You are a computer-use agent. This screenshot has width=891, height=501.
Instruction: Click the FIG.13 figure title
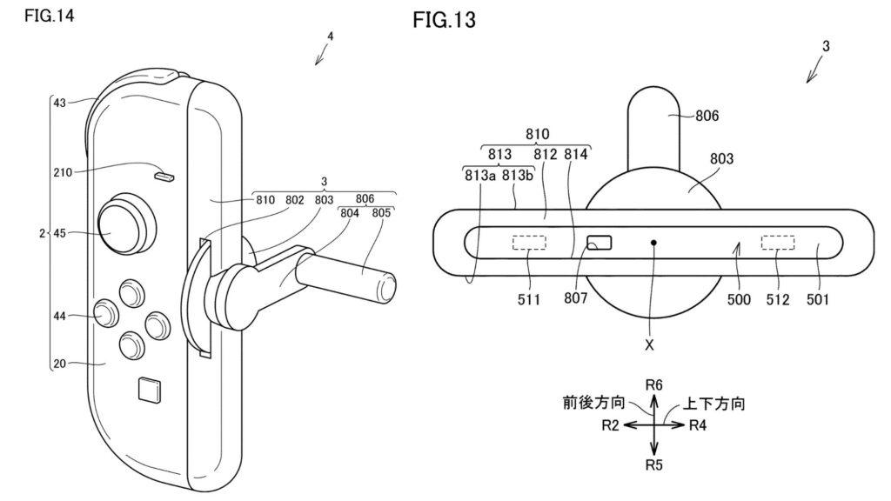tap(444, 20)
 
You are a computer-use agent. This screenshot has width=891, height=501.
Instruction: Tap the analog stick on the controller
tap(121, 225)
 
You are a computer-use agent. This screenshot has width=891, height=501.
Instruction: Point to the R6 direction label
tap(654, 384)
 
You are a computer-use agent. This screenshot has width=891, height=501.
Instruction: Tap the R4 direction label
tap(700, 425)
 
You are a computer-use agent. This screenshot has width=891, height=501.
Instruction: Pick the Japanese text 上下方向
tap(716, 404)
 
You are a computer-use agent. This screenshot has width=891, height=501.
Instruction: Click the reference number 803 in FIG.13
tap(721, 159)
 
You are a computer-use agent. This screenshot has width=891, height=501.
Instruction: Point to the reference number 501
tap(817, 301)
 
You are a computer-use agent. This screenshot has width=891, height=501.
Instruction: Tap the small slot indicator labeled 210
tap(163, 177)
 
